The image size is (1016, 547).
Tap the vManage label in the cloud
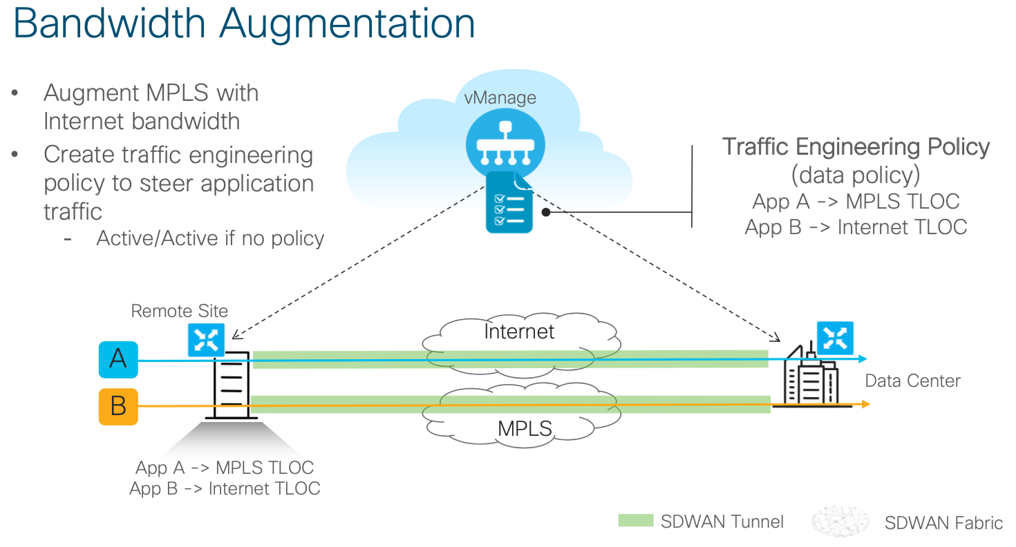(x=500, y=97)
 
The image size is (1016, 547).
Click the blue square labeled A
(x=118, y=358)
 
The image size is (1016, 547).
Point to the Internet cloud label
(x=519, y=332)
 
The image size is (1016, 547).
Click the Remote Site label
(x=179, y=311)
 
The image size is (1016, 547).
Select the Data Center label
(x=912, y=381)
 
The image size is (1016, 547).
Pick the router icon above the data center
(x=835, y=338)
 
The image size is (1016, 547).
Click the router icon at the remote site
(x=206, y=339)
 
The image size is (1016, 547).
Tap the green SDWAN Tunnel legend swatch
(x=635, y=521)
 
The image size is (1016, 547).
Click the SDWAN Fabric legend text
(x=943, y=523)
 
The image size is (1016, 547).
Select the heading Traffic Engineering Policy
(x=856, y=146)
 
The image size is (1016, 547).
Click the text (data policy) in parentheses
(x=856, y=175)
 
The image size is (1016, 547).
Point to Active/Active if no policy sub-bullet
(x=210, y=238)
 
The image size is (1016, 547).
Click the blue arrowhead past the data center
(x=863, y=358)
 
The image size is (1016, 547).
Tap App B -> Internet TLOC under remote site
(x=225, y=488)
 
